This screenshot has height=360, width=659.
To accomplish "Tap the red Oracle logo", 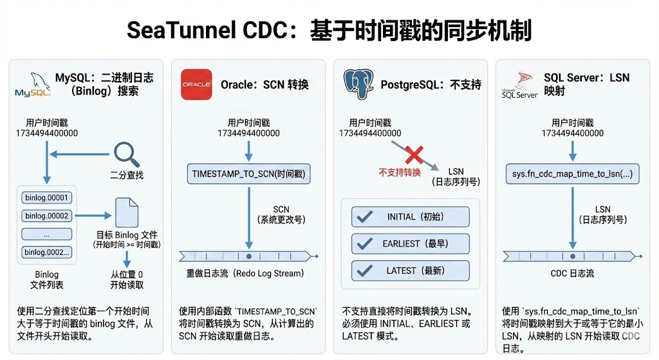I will (x=196, y=84).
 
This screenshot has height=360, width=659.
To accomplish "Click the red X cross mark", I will (x=413, y=155).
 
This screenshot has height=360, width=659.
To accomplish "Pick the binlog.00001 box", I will (x=46, y=198).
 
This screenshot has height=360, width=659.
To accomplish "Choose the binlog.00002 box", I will (x=46, y=216).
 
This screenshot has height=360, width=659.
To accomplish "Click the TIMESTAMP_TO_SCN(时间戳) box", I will (x=248, y=173).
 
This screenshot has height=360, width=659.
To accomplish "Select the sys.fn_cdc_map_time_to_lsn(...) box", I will (x=572, y=173).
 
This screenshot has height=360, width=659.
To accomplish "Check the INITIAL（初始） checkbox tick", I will (x=365, y=217).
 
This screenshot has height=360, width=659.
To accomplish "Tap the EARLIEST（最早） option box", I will (x=410, y=244).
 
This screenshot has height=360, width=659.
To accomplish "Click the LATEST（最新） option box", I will (x=410, y=271).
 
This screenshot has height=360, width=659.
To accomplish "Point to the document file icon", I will (x=126, y=212).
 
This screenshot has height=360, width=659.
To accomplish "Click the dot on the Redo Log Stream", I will (x=248, y=254).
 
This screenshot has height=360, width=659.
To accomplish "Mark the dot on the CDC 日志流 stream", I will (x=572, y=254).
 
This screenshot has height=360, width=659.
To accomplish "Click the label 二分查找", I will (x=126, y=175).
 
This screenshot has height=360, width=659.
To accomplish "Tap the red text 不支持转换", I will (x=399, y=173).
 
